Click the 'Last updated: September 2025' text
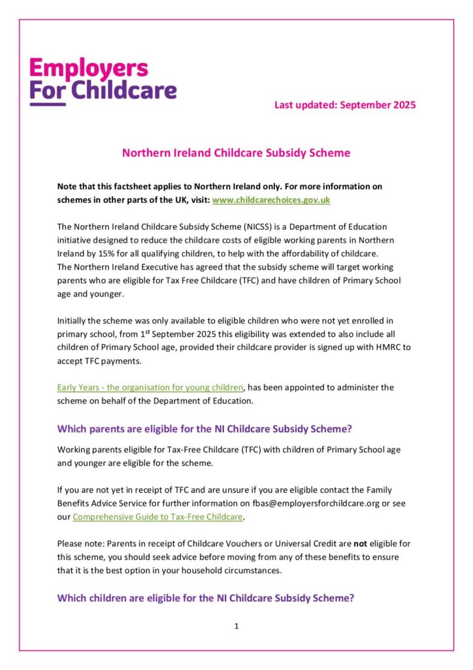(344, 105)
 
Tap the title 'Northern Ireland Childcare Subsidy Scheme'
(236, 153)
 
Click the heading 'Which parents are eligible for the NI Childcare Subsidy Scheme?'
(204, 429)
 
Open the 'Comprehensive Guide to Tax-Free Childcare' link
(157, 517)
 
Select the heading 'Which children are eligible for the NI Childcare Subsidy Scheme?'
(206, 597)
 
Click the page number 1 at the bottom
(236, 626)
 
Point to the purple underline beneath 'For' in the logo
(48, 103)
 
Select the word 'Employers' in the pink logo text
(89, 68)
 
